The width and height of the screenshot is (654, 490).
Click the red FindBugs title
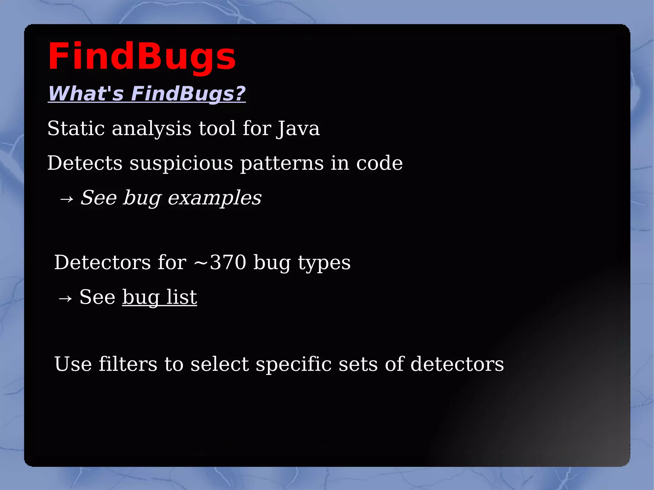click(x=142, y=57)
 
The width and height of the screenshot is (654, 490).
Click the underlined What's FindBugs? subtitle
click(x=147, y=94)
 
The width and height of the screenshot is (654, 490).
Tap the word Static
click(x=76, y=128)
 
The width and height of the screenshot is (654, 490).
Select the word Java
click(x=298, y=128)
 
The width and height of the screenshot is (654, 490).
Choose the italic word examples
click(x=214, y=198)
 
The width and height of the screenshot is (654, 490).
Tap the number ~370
click(x=220, y=262)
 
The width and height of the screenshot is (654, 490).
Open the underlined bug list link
click(x=159, y=297)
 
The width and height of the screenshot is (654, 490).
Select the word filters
click(x=128, y=364)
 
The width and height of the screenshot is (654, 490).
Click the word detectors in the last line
click(x=457, y=364)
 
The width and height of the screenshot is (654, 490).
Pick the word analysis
click(x=152, y=128)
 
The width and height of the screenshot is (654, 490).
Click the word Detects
click(x=85, y=163)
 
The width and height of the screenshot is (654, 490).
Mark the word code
click(x=379, y=163)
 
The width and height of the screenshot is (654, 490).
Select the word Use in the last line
click(x=73, y=364)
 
